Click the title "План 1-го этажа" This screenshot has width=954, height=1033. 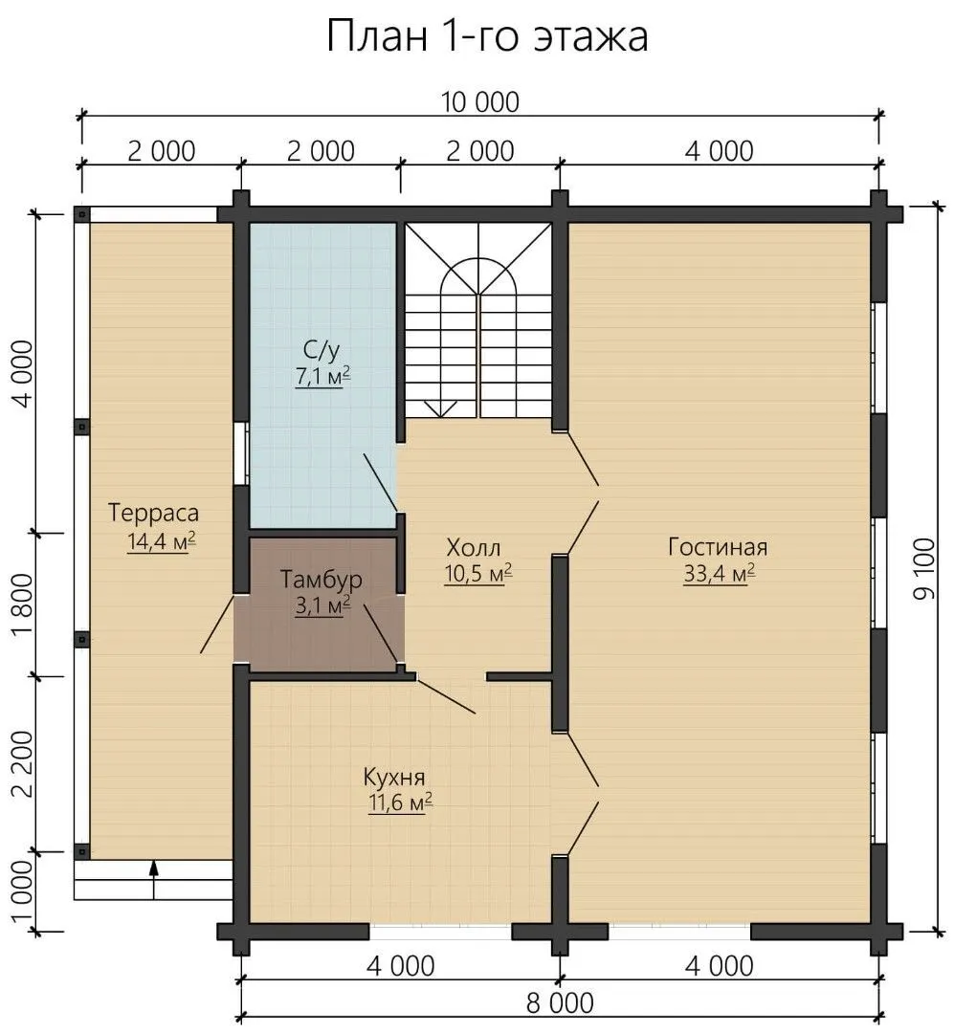[x=487, y=37]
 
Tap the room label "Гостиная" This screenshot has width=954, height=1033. [x=718, y=547]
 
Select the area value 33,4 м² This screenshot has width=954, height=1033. [x=719, y=574]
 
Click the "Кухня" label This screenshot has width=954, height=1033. [x=393, y=778]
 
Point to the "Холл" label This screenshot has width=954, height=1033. [x=474, y=547]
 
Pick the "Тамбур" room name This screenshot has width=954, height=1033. [x=322, y=579]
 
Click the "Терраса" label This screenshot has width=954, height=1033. [x=153, y=513]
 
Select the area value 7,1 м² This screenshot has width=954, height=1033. [x=322, y=376]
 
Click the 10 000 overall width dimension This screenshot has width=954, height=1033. [x=480, y=102]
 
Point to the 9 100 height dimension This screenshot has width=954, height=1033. [x=925, y=569]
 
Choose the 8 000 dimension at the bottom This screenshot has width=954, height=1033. [x=560, y=1002]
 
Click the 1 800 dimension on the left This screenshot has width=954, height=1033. [x=22, y=604]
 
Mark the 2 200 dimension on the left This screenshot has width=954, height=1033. [x=22, y=764]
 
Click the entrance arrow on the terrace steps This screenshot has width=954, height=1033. [x=154, y=879]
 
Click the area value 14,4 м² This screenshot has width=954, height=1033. [x=161, y=541]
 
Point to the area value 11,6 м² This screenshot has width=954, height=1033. [x=400, y=803]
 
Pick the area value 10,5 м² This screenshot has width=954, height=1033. [x=478, y=574]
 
